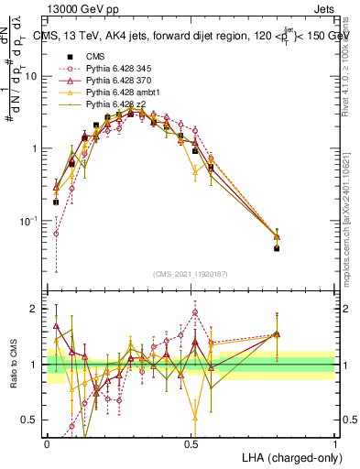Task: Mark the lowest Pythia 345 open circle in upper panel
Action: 56,234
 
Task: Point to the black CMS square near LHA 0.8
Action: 277,248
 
